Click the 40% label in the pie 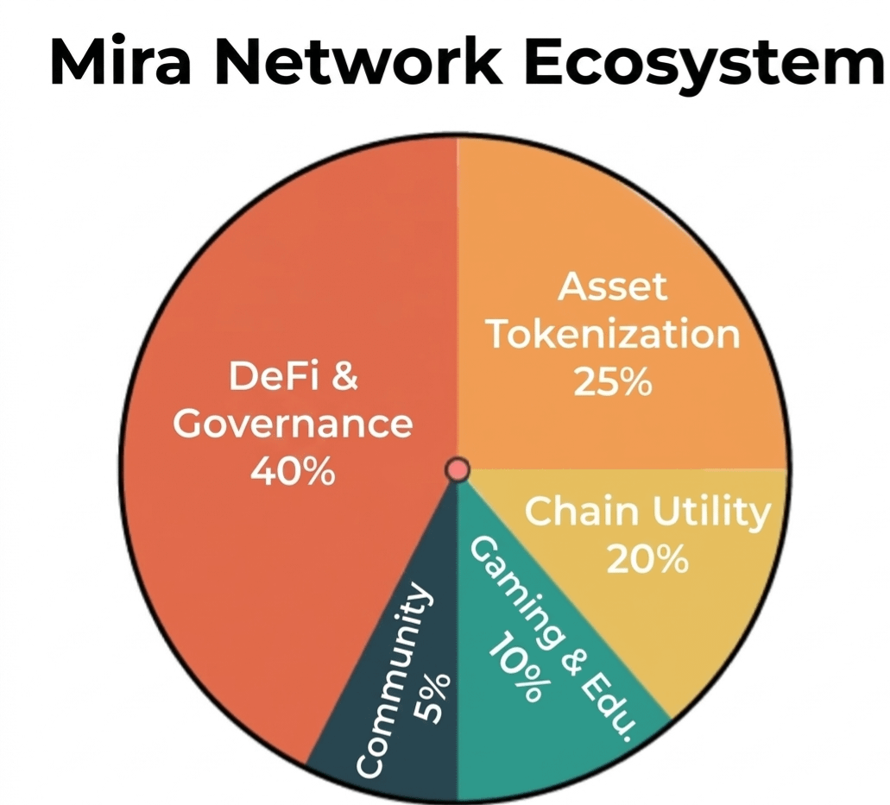point(292,471)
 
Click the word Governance point(293,424)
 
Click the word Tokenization point(613,334)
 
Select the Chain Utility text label point(647,513)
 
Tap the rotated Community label point(393,682)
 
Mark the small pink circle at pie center point(457,469)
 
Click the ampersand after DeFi point(344,377)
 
